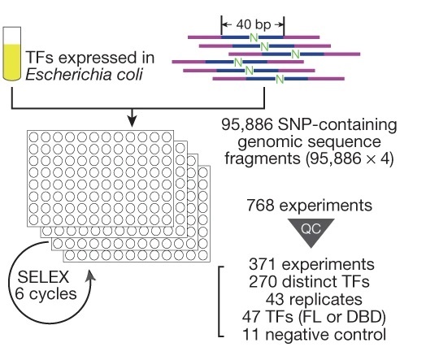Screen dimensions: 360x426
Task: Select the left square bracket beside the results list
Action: point(222,301)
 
